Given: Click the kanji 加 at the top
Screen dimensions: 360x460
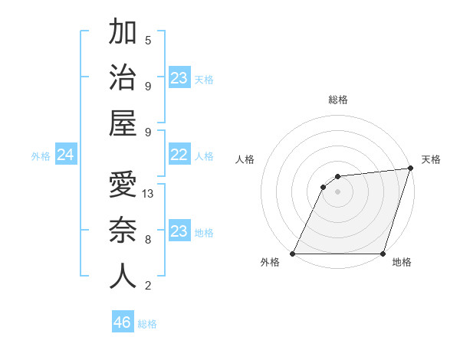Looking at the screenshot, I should click(x=123, y=32).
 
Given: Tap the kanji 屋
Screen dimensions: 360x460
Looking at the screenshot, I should click(x=123, y=123).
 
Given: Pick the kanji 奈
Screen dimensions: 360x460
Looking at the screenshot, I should click(x=123, y=230).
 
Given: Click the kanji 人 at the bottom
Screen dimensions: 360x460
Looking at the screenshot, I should click(x=123, y=276).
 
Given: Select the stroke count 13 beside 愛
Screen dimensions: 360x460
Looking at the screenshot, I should click(x=148, y=194).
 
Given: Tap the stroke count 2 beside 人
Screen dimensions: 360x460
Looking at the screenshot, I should click(x=148, y=286).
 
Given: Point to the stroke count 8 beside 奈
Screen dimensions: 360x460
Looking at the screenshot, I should click(x=148, y=240).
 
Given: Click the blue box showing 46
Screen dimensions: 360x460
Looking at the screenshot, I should click(x=123, y=322).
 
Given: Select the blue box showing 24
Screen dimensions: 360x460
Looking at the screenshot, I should click(x=66, y=155).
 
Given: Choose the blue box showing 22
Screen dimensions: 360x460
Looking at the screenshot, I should click(x=179, y=155).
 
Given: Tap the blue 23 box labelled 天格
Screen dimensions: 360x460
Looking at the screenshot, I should click(x=179, y=78).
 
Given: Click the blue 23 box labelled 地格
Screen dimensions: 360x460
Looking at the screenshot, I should click(x=179, y=231).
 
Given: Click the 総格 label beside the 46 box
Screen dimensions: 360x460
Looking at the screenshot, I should click(x=147, y=324).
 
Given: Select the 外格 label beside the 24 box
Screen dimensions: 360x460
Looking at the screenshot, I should click(x=41, y=156).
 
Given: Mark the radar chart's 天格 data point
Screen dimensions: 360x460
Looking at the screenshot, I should click(x=410, y=169).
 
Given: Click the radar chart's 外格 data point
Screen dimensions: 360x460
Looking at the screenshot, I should click(x=293, y=254).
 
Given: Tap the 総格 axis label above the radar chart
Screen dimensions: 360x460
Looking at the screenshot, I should click(x=337, y=100).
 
